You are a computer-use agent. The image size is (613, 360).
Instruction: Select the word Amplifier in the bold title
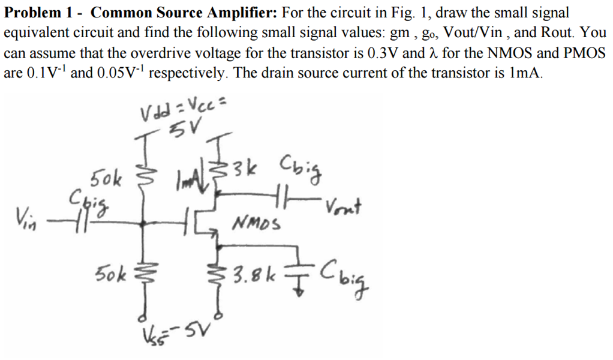[x=241, y=13]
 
